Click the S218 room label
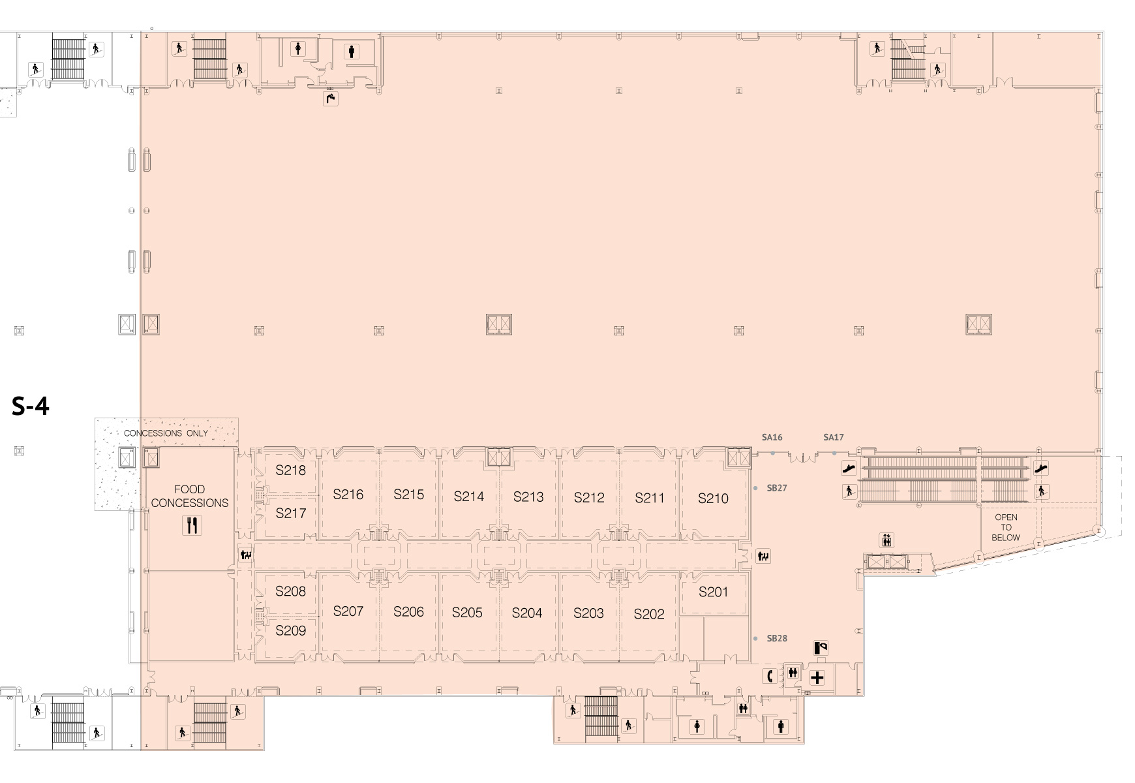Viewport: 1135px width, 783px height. (290, 470)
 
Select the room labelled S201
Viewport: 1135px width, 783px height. (713, 592)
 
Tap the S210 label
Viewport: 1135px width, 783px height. (713, 499)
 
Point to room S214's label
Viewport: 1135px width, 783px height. (469, 497)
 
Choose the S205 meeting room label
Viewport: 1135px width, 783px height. (467, 613)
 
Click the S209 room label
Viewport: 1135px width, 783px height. (290, 630)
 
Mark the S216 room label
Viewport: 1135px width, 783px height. (348, 495)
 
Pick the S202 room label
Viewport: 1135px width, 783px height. (649, 614)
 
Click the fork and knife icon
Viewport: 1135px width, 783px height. (192, 525)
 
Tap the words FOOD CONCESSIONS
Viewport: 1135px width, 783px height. (190, 496)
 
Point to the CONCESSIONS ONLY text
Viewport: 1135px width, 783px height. (166, 433)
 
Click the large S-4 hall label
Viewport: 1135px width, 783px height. (31, 407)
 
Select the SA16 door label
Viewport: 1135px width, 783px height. (772, 437)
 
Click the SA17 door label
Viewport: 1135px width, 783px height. (834, 437)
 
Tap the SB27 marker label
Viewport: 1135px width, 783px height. (777, 488)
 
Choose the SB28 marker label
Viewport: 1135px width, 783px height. (777, 638)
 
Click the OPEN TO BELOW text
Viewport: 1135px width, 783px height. (1006, 527)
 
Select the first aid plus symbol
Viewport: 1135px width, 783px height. (817, 678)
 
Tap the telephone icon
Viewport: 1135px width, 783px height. (770, 676)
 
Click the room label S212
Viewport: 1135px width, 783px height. (589, 498)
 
